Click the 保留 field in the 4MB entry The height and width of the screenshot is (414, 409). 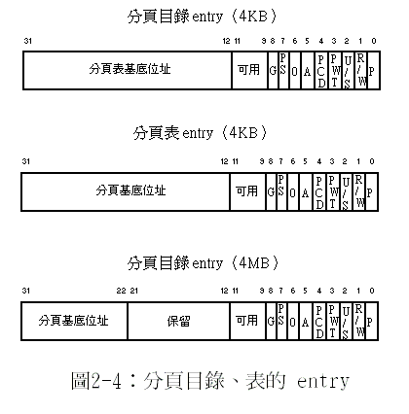click(x=178, y=322)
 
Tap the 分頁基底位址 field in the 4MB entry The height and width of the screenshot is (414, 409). click(x=74, y=322)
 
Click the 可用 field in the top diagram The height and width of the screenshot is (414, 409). click(x=249, y=70)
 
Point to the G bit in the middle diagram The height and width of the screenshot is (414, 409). click(x=272, y=191)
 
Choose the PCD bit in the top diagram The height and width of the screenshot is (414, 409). click(x=321, y=70)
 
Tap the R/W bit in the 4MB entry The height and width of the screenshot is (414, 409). click(x=358, y=322)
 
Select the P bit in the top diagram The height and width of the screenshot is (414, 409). click(x=373, y=70)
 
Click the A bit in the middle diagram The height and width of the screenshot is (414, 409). click(x=306, y=191)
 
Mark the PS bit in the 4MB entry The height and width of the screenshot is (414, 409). click(x=281, y=322)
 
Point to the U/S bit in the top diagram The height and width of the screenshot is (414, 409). click(x=348, y=70)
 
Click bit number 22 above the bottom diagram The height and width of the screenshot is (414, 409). click(x=121, y=291)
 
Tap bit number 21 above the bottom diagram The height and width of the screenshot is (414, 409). click(x=133, y=291)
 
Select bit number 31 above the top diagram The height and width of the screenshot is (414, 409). click(x=28, y=41)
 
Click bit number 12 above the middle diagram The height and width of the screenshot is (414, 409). click(x=224, y=161)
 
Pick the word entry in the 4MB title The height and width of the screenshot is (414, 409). click(x=207, y=263)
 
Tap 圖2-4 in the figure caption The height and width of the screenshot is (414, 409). click(x=96, y=380)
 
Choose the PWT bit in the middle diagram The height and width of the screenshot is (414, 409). click(x=332, y=191)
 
